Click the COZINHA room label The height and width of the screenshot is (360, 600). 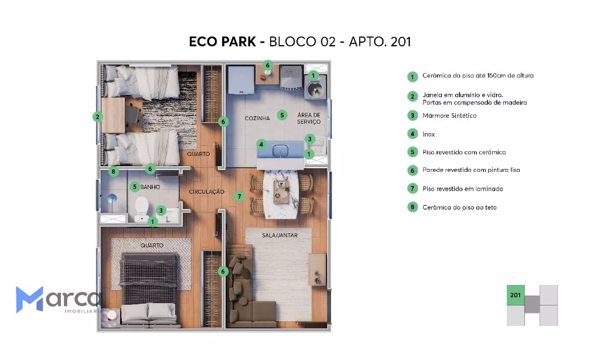(x=257, y=118)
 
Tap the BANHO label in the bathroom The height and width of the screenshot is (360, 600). (x=150, y=187)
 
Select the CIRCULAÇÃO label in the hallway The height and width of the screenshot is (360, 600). (x=206, y=192)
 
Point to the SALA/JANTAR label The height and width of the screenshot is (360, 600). (x=279, y=235)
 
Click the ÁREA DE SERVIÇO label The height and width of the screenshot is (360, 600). (x=309, y=118)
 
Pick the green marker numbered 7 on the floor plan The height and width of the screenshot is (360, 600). (x=239, y=196)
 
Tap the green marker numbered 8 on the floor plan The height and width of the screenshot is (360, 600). (x=113, y=171)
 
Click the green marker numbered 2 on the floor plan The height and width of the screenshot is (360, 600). (x=98, y=117)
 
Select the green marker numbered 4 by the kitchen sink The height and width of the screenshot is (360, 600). (x=261, y=144)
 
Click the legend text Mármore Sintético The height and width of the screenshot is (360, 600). (x=449, y=116)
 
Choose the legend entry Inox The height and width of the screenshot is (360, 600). (x=428, y=134)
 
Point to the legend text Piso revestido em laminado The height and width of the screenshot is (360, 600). (x=463, y=189)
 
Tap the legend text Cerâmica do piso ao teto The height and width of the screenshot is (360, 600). (x=459, y=208)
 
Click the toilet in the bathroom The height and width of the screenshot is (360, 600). (x=142, y=208)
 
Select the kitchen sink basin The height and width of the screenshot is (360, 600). (x=280, y=151)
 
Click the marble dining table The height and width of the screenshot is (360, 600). (x=281, y=194)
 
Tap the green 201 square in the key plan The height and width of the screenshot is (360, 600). (x=516, y=295)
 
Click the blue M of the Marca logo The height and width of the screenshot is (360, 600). (x=29, y=300)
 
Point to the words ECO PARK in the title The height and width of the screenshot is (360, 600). (x=222, y=42)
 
